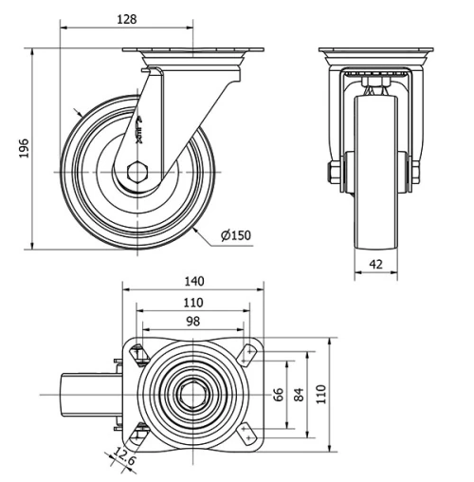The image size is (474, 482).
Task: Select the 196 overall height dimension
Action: pyautogui.click(x=24, y=148)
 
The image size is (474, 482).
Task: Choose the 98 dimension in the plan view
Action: pyautogui.click(x=192, y=323)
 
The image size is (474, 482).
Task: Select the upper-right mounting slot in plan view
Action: pyautogui.click(x=249, y=355)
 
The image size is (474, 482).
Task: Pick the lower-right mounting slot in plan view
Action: pyautogui.click(x=249, y=433)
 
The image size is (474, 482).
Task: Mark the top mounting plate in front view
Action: pyautogui.click(x=372, y=51)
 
